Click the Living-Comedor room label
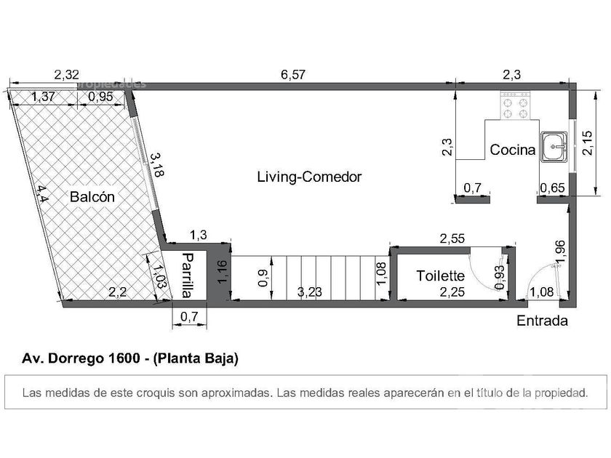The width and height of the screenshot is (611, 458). [x=309, y=177]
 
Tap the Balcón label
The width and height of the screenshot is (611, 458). [x=92, y=197]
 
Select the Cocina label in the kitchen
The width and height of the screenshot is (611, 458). [x=512, y=150]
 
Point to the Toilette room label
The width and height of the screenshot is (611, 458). [x=441, y=276]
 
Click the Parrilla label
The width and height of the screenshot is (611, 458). [x=188, y=276]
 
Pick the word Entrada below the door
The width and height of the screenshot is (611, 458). [x=542, y=321]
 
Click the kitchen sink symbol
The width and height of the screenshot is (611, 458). [x=554, y=146]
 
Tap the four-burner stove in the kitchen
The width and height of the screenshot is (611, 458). [x=515, y=105]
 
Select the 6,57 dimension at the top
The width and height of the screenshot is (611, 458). [x=293, y=74]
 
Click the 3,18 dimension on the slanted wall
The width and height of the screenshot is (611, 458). [x=156, y=165]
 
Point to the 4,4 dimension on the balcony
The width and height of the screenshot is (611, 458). [x=42, y=194]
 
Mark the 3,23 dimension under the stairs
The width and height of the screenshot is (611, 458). [x=310, y=292]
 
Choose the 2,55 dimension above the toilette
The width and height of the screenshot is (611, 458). [x=452, y=238]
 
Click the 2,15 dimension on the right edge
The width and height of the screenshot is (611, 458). [x=587, y=143]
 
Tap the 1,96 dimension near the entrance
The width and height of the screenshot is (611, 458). [x=560, y=252]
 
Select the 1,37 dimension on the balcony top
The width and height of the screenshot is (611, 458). [x=43, y=97]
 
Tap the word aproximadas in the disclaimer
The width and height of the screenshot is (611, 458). [x=236, y=393]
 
